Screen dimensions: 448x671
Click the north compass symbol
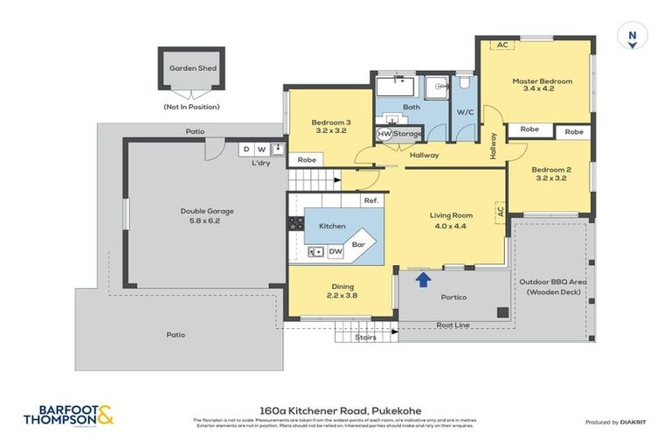tap(631, 38)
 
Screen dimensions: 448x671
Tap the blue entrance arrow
tap(423, 280)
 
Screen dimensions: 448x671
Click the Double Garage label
tap(207, 216)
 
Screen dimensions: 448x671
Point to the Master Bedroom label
tap(542, 85)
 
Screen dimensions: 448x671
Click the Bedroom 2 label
tap(550, 173)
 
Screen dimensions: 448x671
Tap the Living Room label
tap(451, 220)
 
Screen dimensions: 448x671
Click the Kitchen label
tap(332, 226)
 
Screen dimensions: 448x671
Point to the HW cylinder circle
tap(384, 134)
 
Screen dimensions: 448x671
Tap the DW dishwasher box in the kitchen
tap(335, 252)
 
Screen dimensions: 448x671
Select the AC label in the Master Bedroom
tap(502, 45)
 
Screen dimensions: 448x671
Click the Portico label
tap(453, 297)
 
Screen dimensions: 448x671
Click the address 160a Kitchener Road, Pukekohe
tap(335, 408)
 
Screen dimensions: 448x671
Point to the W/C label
tap(464, 112)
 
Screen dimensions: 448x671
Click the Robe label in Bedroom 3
tap(306, 160)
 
